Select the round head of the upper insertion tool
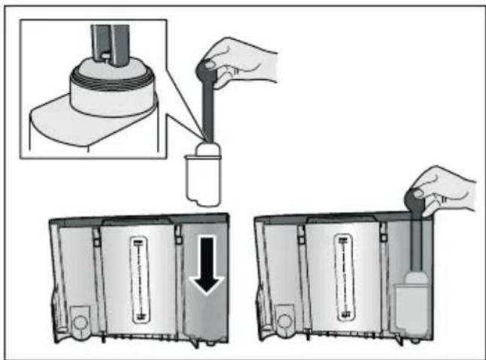[x=206, y=69]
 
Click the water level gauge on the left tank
[x=138, y=278]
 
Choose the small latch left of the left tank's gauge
[x=96, y=238]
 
